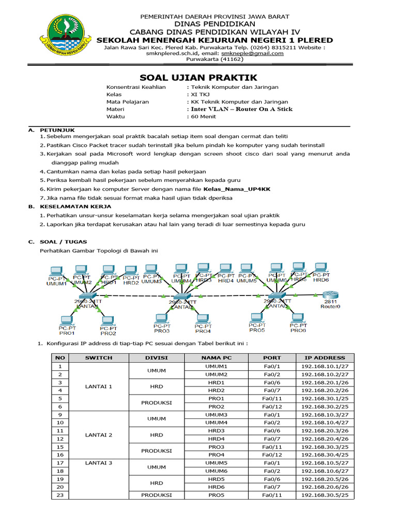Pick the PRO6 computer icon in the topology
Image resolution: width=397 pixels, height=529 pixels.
pyautogui.click(x=298, y=317)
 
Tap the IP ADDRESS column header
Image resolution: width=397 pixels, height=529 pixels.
pyautogui.click(x=325, y=357)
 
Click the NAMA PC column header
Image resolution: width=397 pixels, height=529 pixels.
pyautogui.click(x=216, y=357)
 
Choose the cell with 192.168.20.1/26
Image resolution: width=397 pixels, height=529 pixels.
pyautogui.click(x=325, y=382)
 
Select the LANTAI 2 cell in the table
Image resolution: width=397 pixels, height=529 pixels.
pyautogui.click(x=98, y=434)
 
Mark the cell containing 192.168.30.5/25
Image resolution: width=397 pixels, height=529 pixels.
pyautogui.click(x=325, y=495)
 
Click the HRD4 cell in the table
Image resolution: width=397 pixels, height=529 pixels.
pyautogui.click(x=216, y=439)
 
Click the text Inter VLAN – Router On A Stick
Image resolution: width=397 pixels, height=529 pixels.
pyautogui.click(x=241, y=109)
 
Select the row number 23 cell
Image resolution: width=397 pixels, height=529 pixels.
pyautogui.click(x=60, y=495)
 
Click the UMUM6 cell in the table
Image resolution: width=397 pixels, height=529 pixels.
pyautogui.click(x=216, y=471)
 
